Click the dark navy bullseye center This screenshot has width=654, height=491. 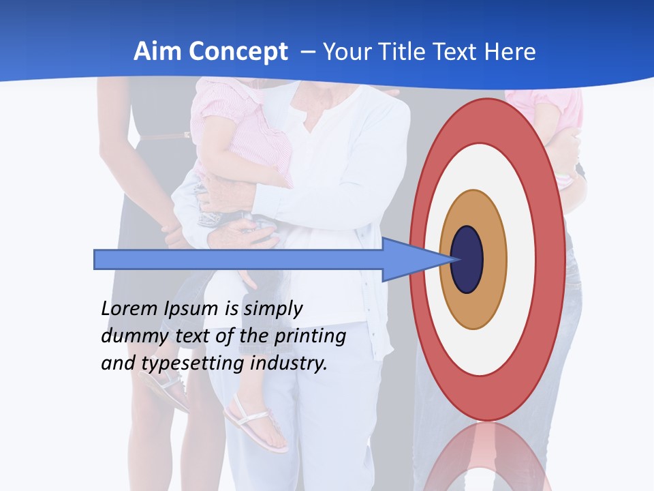coord(467,259)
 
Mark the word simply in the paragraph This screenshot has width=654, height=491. coord(272,309)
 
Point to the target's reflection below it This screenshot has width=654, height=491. coord(487,457)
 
